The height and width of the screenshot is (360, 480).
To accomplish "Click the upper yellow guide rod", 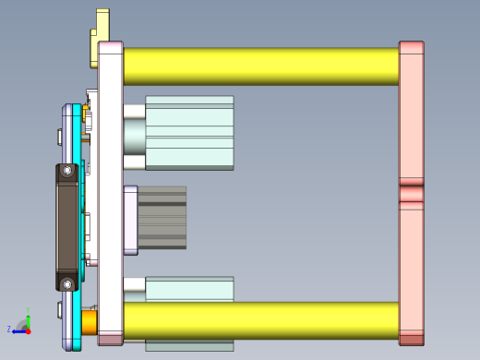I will [258, 66].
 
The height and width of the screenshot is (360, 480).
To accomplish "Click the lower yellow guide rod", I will [258, 320].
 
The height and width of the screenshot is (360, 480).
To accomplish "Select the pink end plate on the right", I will [411, 120].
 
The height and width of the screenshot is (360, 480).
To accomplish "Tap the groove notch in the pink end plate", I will [411, 194].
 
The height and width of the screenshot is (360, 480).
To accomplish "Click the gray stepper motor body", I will [162, 217].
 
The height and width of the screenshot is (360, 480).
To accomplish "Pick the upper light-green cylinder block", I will [189, 132].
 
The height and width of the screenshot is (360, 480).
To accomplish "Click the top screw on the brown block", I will [67, 171].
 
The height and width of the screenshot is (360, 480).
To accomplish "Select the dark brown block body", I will [67, 226].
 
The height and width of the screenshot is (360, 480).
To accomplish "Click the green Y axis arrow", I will [28, 316].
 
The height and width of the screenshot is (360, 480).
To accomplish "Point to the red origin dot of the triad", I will [28, 330].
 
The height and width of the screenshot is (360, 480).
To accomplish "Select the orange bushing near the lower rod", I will [90, 321].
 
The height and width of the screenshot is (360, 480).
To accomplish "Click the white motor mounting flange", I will [130, 220].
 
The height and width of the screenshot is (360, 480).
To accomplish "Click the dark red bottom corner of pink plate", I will [411, 340].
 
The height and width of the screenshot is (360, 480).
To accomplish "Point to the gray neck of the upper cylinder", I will [135, 135].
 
